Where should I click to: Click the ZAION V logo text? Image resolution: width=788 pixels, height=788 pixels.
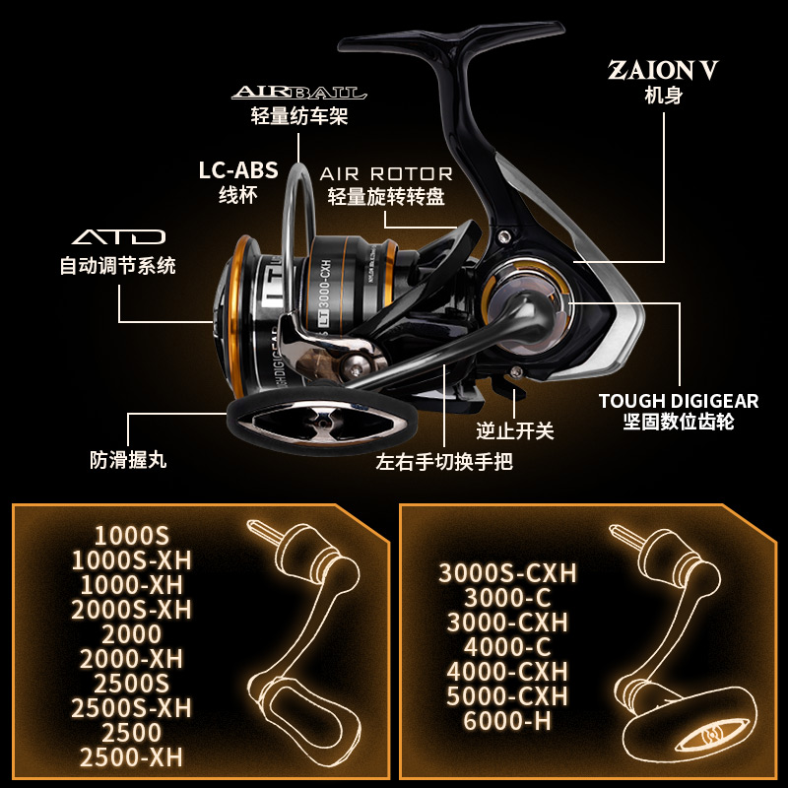tap(663, 71)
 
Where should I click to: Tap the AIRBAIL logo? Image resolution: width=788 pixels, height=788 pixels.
tap(299, 94)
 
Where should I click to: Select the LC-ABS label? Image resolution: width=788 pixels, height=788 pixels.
tap(237, 169)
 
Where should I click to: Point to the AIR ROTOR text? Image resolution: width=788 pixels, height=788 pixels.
tap(386, 173)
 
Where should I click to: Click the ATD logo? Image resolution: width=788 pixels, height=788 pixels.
tap(118, 238)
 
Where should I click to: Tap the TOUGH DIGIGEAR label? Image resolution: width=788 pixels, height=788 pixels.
tap(679, 401)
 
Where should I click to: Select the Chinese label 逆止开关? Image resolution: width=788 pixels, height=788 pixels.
tap(515, 430)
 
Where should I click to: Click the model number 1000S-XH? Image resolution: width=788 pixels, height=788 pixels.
tap(131, 560)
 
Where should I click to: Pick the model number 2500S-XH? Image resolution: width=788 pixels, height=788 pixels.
tap(131, 708)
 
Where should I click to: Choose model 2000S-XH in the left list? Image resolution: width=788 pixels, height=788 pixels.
tap(131, 610)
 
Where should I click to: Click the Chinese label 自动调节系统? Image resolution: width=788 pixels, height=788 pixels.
tap(118, 265)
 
